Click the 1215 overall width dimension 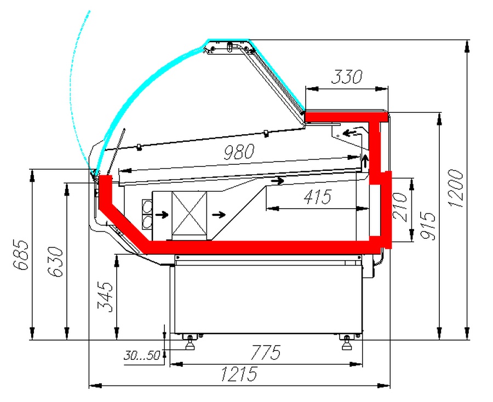[239, 374]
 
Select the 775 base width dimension [265, 352]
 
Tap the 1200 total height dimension [456, 188]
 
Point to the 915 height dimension [428, 226]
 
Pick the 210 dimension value [400, 207]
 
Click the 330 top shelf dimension [347, 77]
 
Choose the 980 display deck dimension [239, 152]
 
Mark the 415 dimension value [318, 197]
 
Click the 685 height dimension [21, 254]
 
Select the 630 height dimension [55, 261]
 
